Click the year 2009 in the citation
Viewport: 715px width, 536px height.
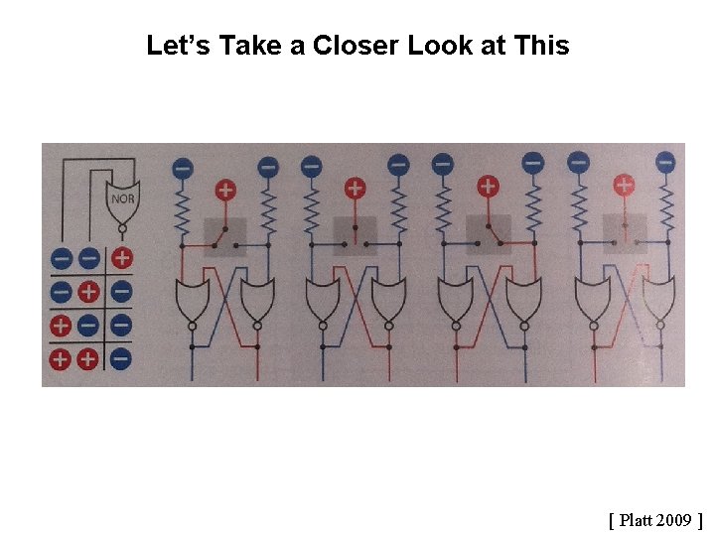[x=672, y=519]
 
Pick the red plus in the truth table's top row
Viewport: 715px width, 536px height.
[x=120, y=258]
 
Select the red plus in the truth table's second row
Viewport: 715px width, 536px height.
[x=89, y=292]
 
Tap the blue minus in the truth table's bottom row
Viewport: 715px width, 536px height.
[x=120, y=357]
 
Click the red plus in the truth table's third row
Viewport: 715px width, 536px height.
[x=60, y=325]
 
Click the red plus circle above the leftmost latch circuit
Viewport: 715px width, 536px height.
[x=225, y=189]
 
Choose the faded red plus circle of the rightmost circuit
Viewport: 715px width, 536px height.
[x=624, y=184]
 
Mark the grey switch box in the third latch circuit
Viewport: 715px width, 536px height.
[x=488, y=235]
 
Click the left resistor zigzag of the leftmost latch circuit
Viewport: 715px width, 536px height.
[x=182, y=210]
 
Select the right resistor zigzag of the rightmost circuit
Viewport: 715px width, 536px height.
[x=665, y=206]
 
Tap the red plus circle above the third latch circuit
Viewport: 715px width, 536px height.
[x=487, y=186]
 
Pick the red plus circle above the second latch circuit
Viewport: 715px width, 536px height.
[x=355, y=187]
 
